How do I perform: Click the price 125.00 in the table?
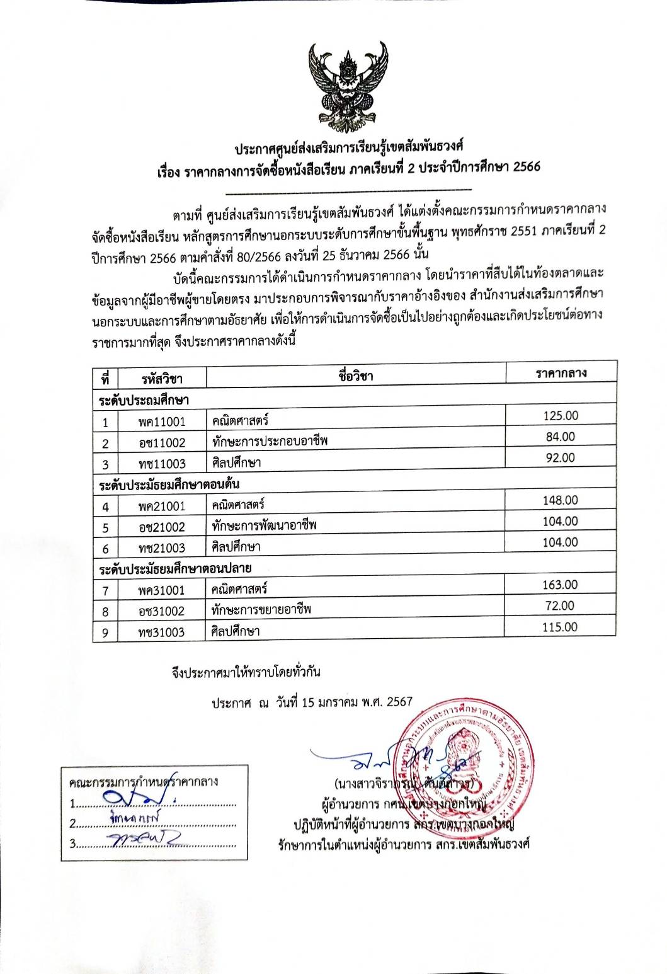click(561, 416)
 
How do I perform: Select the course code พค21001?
click(162, 506)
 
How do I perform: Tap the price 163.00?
click(560, 585)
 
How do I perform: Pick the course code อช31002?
click(162, 611)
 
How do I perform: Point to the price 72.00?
click(560, 606)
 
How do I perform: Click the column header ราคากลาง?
click(561, 373)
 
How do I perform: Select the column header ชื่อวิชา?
click(356, 377)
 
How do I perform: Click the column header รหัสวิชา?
click(162, 379)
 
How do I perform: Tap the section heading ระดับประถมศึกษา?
click(144, 400)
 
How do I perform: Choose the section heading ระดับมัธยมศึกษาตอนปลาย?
click(176, 569)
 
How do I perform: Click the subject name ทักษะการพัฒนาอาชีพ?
click(265, 525)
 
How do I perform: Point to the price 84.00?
click(560, 437)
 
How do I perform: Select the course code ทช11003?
click(162, 464)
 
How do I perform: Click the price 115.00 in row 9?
click(560, 627)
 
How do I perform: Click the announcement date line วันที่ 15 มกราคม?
click(312, 702)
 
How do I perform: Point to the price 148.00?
click(560, 500)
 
